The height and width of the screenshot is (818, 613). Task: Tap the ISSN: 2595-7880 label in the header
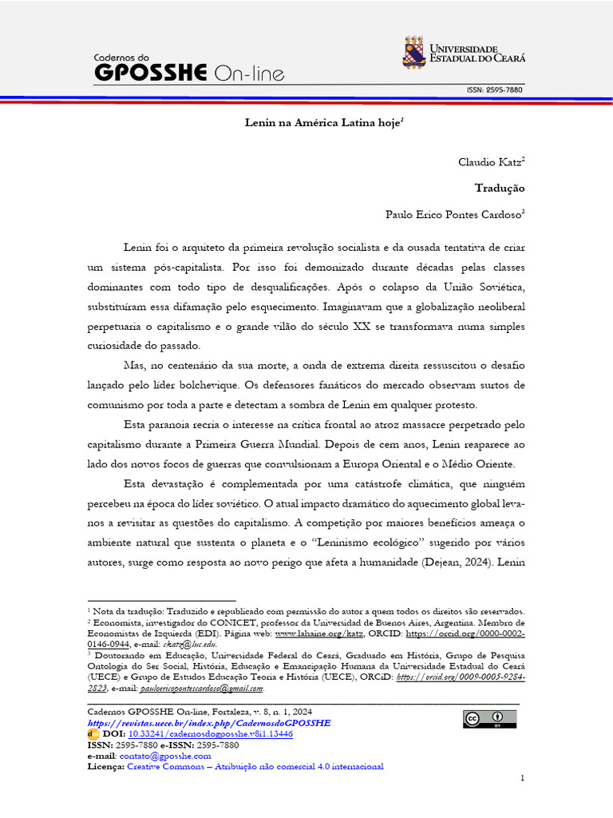[495, 90]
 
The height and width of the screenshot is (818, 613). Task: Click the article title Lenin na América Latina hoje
[322, 124]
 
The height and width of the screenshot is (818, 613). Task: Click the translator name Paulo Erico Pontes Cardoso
[452, 214]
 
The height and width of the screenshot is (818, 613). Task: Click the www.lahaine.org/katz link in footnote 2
[319, 633]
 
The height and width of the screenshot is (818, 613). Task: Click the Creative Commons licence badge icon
[488, 719]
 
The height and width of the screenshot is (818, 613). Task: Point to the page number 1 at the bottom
[522, 778]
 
